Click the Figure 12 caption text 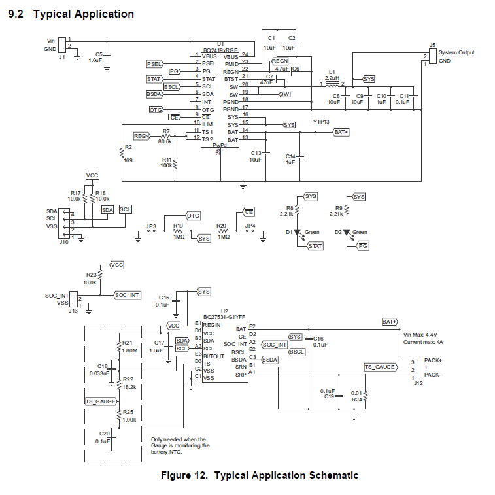(x=260, y=475)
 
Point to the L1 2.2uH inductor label (x=332, y=75)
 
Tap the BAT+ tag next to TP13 (x=341, y=132)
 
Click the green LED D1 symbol (x=297, y=232)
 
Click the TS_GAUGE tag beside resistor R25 (x=101, y=401)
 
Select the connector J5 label (x=432, y=45)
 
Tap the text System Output (x=456, y=52)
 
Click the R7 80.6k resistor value (x=165, y=141)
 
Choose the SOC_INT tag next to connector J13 (x=128, y=295)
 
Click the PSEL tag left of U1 (x=154, y=63)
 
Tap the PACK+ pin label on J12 (x=433, y=360)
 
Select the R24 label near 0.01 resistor (x=356, y=398)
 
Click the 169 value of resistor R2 (x=128, y=160)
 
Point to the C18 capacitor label (x=102, y=366)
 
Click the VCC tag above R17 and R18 (x=92, y=175)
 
